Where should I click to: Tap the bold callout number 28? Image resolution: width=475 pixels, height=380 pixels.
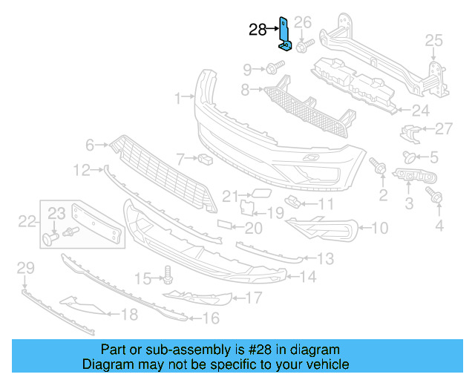[258, 30]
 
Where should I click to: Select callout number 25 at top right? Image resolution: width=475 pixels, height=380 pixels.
[433, 40]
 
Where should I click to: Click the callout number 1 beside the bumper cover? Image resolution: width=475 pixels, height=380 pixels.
[178, 98]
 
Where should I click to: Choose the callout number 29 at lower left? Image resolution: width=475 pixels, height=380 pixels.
[25, 267]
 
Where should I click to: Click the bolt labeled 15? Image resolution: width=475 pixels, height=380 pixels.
[167, 278]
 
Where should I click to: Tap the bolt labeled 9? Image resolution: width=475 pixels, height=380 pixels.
[272, 69]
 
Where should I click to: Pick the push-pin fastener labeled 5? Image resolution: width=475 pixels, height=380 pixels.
[408, 157]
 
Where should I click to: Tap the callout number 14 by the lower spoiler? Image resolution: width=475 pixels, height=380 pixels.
[308, 278]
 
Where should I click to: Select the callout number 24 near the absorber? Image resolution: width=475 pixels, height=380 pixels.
[421, 111]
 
